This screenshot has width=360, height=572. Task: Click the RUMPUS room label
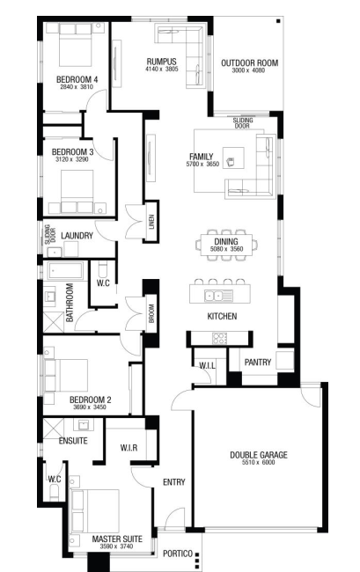tap(161, 62)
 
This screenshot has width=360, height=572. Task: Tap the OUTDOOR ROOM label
tap(249, 63)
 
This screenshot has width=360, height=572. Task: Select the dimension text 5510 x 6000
tap(258, 462)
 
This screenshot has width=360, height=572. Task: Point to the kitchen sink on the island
tap(218, 295)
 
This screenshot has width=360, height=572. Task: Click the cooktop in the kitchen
tap(220, 338)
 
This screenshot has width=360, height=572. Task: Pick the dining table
tap(226, 246)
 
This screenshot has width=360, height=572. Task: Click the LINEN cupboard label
tap(151, 221)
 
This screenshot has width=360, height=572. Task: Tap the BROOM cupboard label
tap(151, 313)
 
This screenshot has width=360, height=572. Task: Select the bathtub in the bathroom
tap(65, 270)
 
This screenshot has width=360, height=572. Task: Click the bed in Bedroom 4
tap(75, 45)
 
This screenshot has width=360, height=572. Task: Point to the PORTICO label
tap(178, 554)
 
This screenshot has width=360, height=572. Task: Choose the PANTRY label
tap(258, 363)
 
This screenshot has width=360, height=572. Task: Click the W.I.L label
tap(207, 365)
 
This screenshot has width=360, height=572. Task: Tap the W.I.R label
tap(129, 447)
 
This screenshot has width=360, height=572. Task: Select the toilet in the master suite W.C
tap(55, 493)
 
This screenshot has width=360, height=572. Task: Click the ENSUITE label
tap(73, 441)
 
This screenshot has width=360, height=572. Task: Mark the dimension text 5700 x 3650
tap(202, 165)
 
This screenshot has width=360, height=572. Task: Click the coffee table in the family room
tap(233, 158)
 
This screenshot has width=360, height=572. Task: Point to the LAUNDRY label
tap(77, 236)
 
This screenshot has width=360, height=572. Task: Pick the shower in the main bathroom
tap(54, 322)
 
